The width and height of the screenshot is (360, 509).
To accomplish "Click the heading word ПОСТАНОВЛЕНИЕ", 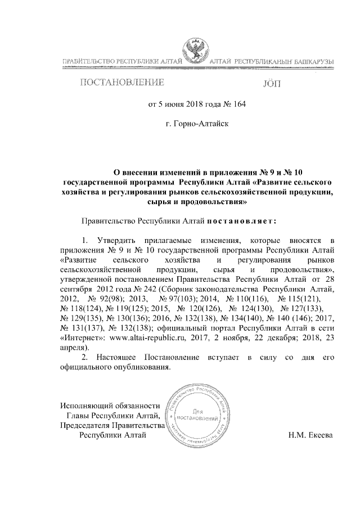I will (121, 83).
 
